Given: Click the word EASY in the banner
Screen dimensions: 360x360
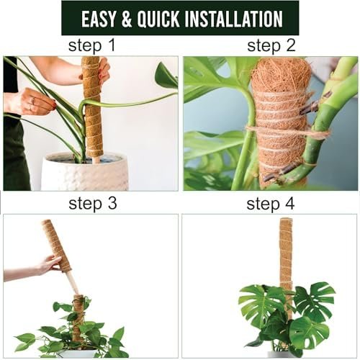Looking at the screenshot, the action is (99, 19).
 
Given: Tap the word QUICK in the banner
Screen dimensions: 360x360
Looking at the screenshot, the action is (158, 19).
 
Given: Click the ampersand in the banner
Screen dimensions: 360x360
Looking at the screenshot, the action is (127, 19).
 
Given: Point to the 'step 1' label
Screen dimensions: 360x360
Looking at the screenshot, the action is (92, 45).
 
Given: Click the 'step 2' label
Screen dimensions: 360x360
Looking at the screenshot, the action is (271, 45).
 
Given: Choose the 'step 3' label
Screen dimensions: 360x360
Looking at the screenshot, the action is (93, 203).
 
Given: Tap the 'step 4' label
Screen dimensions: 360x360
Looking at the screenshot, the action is (271, 204).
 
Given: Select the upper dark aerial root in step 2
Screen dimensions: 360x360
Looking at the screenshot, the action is (309, 109).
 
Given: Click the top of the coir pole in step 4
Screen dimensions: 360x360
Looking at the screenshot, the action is (286, 218).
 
